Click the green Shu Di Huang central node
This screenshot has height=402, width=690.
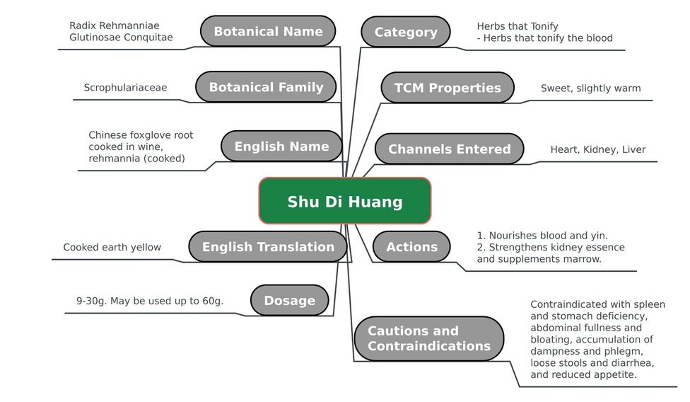(345, 201)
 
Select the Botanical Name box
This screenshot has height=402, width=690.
(268, 31)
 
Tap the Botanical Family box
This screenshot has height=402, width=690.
(266, 87)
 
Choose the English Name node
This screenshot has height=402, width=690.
(281, 147)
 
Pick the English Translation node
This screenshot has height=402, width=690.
(268, 246)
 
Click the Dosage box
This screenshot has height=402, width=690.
(290, 300)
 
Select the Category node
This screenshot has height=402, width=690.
(406, 32)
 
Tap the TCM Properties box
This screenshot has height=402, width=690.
(448, 88)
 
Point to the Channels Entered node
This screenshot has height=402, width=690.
(450, 149)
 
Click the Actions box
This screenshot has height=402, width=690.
(412, 246)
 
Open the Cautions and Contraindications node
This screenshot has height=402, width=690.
(429, 338)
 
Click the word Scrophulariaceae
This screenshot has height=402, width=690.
(125, 88)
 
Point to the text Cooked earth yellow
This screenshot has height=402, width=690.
(112, 247)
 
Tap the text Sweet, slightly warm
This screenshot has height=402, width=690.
(590, 88)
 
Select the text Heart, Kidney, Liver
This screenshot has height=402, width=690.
(598, 150)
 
